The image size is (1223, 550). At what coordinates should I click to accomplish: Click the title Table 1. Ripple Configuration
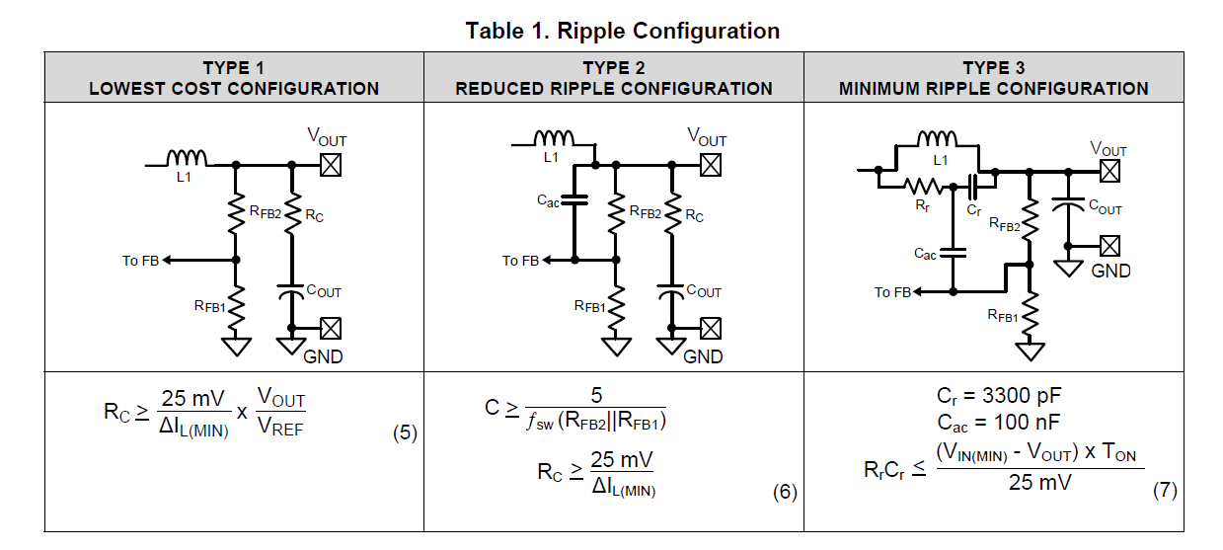point(623,31)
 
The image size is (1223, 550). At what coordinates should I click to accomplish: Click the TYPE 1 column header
point(234,78)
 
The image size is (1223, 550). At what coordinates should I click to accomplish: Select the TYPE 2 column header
point(613,78)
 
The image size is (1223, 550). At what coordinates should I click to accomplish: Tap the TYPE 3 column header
point(993,78)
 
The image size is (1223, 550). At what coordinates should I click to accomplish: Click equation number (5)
point(404,432)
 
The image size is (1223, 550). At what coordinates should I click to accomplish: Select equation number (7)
point(1165,490)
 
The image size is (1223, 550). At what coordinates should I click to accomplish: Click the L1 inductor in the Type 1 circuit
point(186,158)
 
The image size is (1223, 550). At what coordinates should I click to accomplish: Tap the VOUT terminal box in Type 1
point(331,164)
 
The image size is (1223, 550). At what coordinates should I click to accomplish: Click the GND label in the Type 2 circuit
point(703,356)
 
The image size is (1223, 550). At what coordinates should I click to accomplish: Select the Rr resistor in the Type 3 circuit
point(923,185)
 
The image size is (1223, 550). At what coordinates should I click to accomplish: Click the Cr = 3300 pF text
point(999,396)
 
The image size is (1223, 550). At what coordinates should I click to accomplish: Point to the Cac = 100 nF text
point(999,422)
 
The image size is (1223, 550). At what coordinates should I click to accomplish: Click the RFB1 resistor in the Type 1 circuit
point(235,307)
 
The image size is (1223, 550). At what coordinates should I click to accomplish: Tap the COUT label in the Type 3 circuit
point(1105,209)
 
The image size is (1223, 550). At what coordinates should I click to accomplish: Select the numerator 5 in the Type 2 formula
point(595,395)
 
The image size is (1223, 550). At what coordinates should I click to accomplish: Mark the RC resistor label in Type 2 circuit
point(694,215)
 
